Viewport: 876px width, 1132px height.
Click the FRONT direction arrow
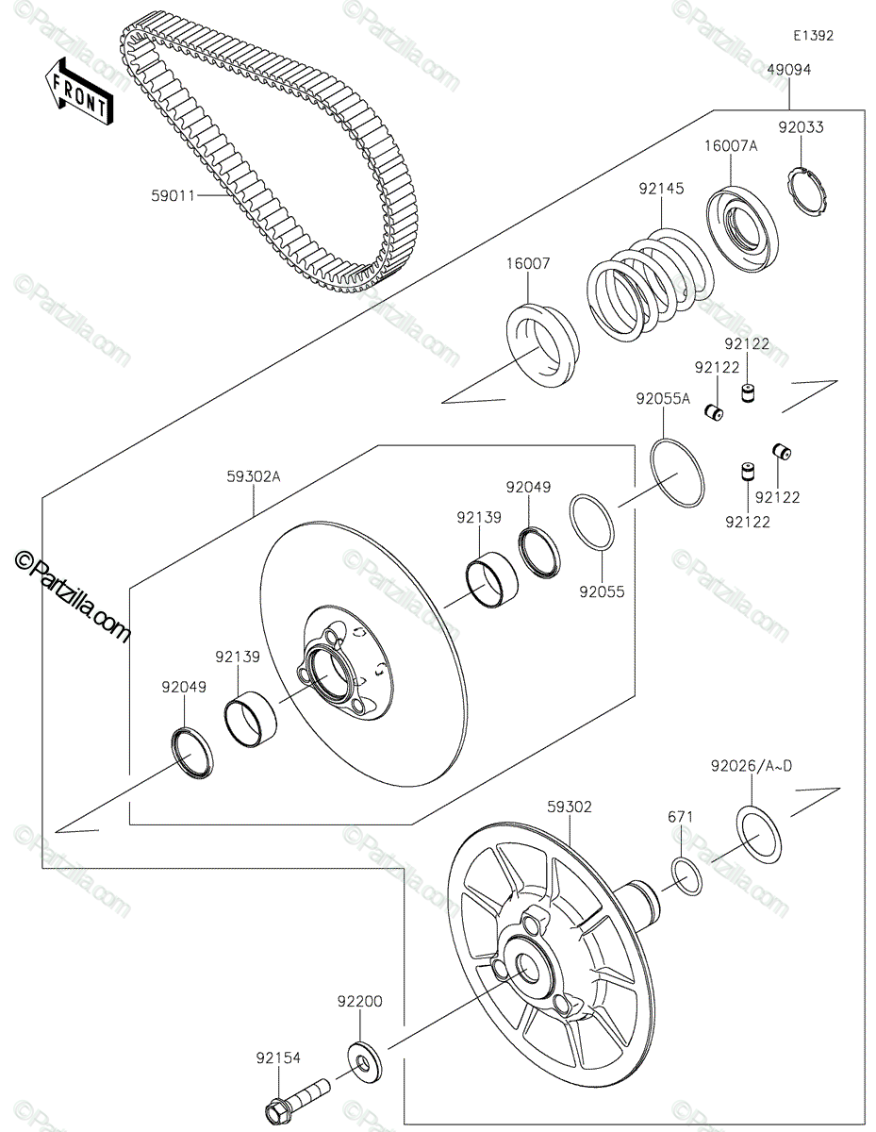tap(78, 92)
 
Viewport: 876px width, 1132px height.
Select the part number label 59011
tap(174, 196)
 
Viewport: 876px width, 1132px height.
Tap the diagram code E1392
tap(813, 36)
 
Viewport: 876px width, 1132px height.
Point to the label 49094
tap(789, 69)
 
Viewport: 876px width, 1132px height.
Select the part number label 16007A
tap(731, 146)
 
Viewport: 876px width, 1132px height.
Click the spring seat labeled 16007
tap(542, 345)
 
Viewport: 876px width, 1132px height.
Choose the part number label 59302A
tap(254, 476)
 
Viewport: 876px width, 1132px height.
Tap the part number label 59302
tap(570, 807)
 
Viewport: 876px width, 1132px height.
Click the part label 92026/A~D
tap(752, 765)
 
